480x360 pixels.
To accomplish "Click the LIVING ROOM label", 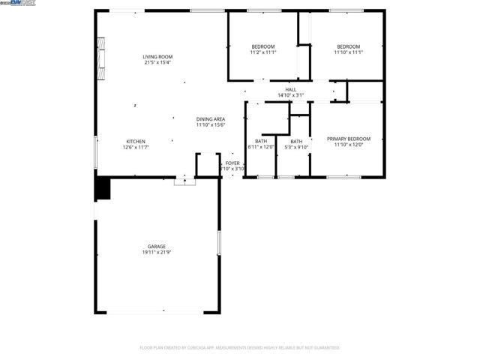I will coord(157,56).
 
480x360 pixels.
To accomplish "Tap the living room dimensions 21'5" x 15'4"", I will coord(157,62).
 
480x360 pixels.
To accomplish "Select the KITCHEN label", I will coord(135,141).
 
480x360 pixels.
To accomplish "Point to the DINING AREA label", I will coord(211,118).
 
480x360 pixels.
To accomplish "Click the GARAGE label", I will coord(156,247).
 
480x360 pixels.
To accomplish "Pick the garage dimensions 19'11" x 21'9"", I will coord(156,253).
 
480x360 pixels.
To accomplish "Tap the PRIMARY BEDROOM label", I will coord(349,139).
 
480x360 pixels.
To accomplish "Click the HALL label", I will coord(290,89).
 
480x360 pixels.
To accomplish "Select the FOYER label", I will coord(232,163).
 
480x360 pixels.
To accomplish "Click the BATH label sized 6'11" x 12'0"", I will coord(261,141).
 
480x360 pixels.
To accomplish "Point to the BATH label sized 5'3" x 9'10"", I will coord(297,141).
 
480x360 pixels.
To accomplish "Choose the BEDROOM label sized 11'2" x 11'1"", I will coord(263,46).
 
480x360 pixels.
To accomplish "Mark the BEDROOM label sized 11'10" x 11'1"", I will coord(348,46).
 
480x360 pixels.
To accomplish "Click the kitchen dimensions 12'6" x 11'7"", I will coord(135,147).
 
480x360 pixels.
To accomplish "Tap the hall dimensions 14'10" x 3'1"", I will coord(290,95).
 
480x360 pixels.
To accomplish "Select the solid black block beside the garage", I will coord(101,188).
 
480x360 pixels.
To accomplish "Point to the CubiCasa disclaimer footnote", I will coord(240,347).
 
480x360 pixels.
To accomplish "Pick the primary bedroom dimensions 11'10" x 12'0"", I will coord(349,145).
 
